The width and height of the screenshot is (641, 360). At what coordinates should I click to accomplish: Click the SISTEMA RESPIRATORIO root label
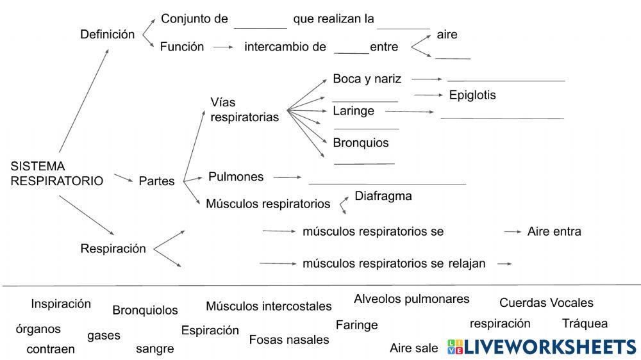tap(56, 174)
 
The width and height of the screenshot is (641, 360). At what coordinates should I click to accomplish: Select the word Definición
tap(107, 35)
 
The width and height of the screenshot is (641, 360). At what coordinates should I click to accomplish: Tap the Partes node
tap(156, 181)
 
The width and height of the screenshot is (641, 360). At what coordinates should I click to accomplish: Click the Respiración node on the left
tap(113, 249)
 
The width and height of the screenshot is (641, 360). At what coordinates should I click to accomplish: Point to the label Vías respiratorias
tap(244, 110)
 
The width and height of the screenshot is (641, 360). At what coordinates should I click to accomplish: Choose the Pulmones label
tap(236, 177)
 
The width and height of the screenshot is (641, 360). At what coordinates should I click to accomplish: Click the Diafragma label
tap(383, 196)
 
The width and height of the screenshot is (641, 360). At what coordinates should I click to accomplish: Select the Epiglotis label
tap(472, 95)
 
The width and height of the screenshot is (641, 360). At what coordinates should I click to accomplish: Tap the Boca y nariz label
tap(367, 79)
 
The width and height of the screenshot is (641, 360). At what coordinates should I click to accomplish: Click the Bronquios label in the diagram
tap(360, 143)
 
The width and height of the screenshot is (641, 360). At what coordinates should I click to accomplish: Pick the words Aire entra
tap(554, 231)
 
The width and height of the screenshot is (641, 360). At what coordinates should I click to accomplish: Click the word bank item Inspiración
tap(61, 304)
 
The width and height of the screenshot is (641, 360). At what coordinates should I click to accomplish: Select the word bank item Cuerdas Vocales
tap(546, 303)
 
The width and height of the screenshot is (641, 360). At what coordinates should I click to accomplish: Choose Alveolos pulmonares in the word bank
tap(412, 299)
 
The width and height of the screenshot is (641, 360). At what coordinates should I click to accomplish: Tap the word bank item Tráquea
tap(585, 323)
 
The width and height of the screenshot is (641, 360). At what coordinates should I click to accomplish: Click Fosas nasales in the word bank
tap(288, 340)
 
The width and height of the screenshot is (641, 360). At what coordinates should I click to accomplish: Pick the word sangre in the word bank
tap(154, 349)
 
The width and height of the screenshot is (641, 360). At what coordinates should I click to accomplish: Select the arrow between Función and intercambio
tap(224, 47)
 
